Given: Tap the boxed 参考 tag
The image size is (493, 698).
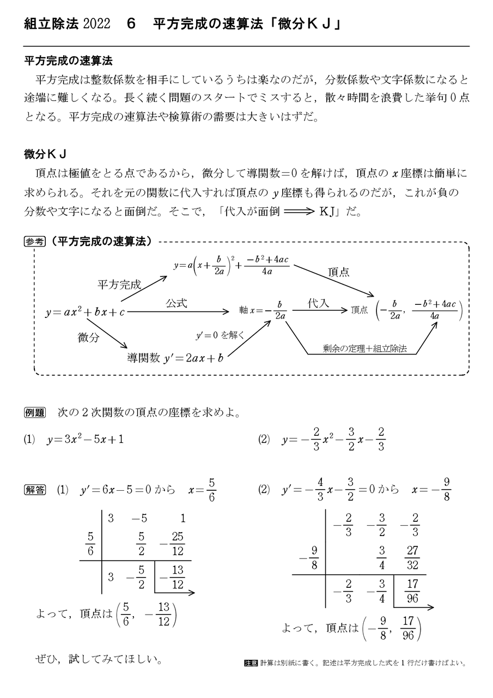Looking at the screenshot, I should pyautogui.click(x=34, y=242).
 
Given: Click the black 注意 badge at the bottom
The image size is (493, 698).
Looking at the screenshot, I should pyautogui.click(x=251, y=664).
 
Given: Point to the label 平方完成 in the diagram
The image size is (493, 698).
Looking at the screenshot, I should pyautogui.click(x=119, y=284).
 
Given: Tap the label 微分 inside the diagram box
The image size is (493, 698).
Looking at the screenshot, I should pyautogui.click(x=89, y=338).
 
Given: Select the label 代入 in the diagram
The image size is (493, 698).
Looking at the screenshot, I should pyautogui.click(x=319, y=303).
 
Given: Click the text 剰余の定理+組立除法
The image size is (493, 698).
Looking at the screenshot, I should pyautogui.click(x=364, y=348).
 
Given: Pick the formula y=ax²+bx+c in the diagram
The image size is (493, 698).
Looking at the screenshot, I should pyautogui.click(x=85, y=312).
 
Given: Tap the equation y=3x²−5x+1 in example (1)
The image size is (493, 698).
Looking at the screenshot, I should pyautogui.click(x=85, y=439).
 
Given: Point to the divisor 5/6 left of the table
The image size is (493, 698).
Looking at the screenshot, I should pyautogui.click(x=90, y=544).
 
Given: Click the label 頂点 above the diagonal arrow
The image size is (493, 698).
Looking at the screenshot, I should pyautogui.click(x=338, y=272).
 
